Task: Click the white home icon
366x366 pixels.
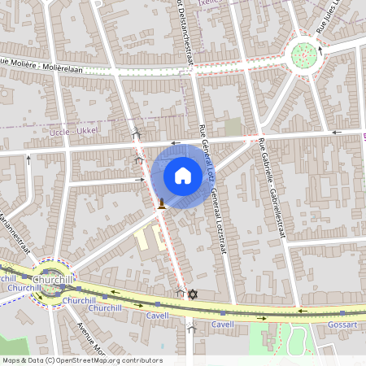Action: [182, 175]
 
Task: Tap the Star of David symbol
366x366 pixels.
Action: [193, 294]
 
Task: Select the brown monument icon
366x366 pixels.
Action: [163, 203]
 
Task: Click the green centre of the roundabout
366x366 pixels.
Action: [304, 55]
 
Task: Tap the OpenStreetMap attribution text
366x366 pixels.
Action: [81, 360]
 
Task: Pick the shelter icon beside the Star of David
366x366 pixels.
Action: [181, 292]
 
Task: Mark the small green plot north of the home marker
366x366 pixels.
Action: [233, 127]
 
